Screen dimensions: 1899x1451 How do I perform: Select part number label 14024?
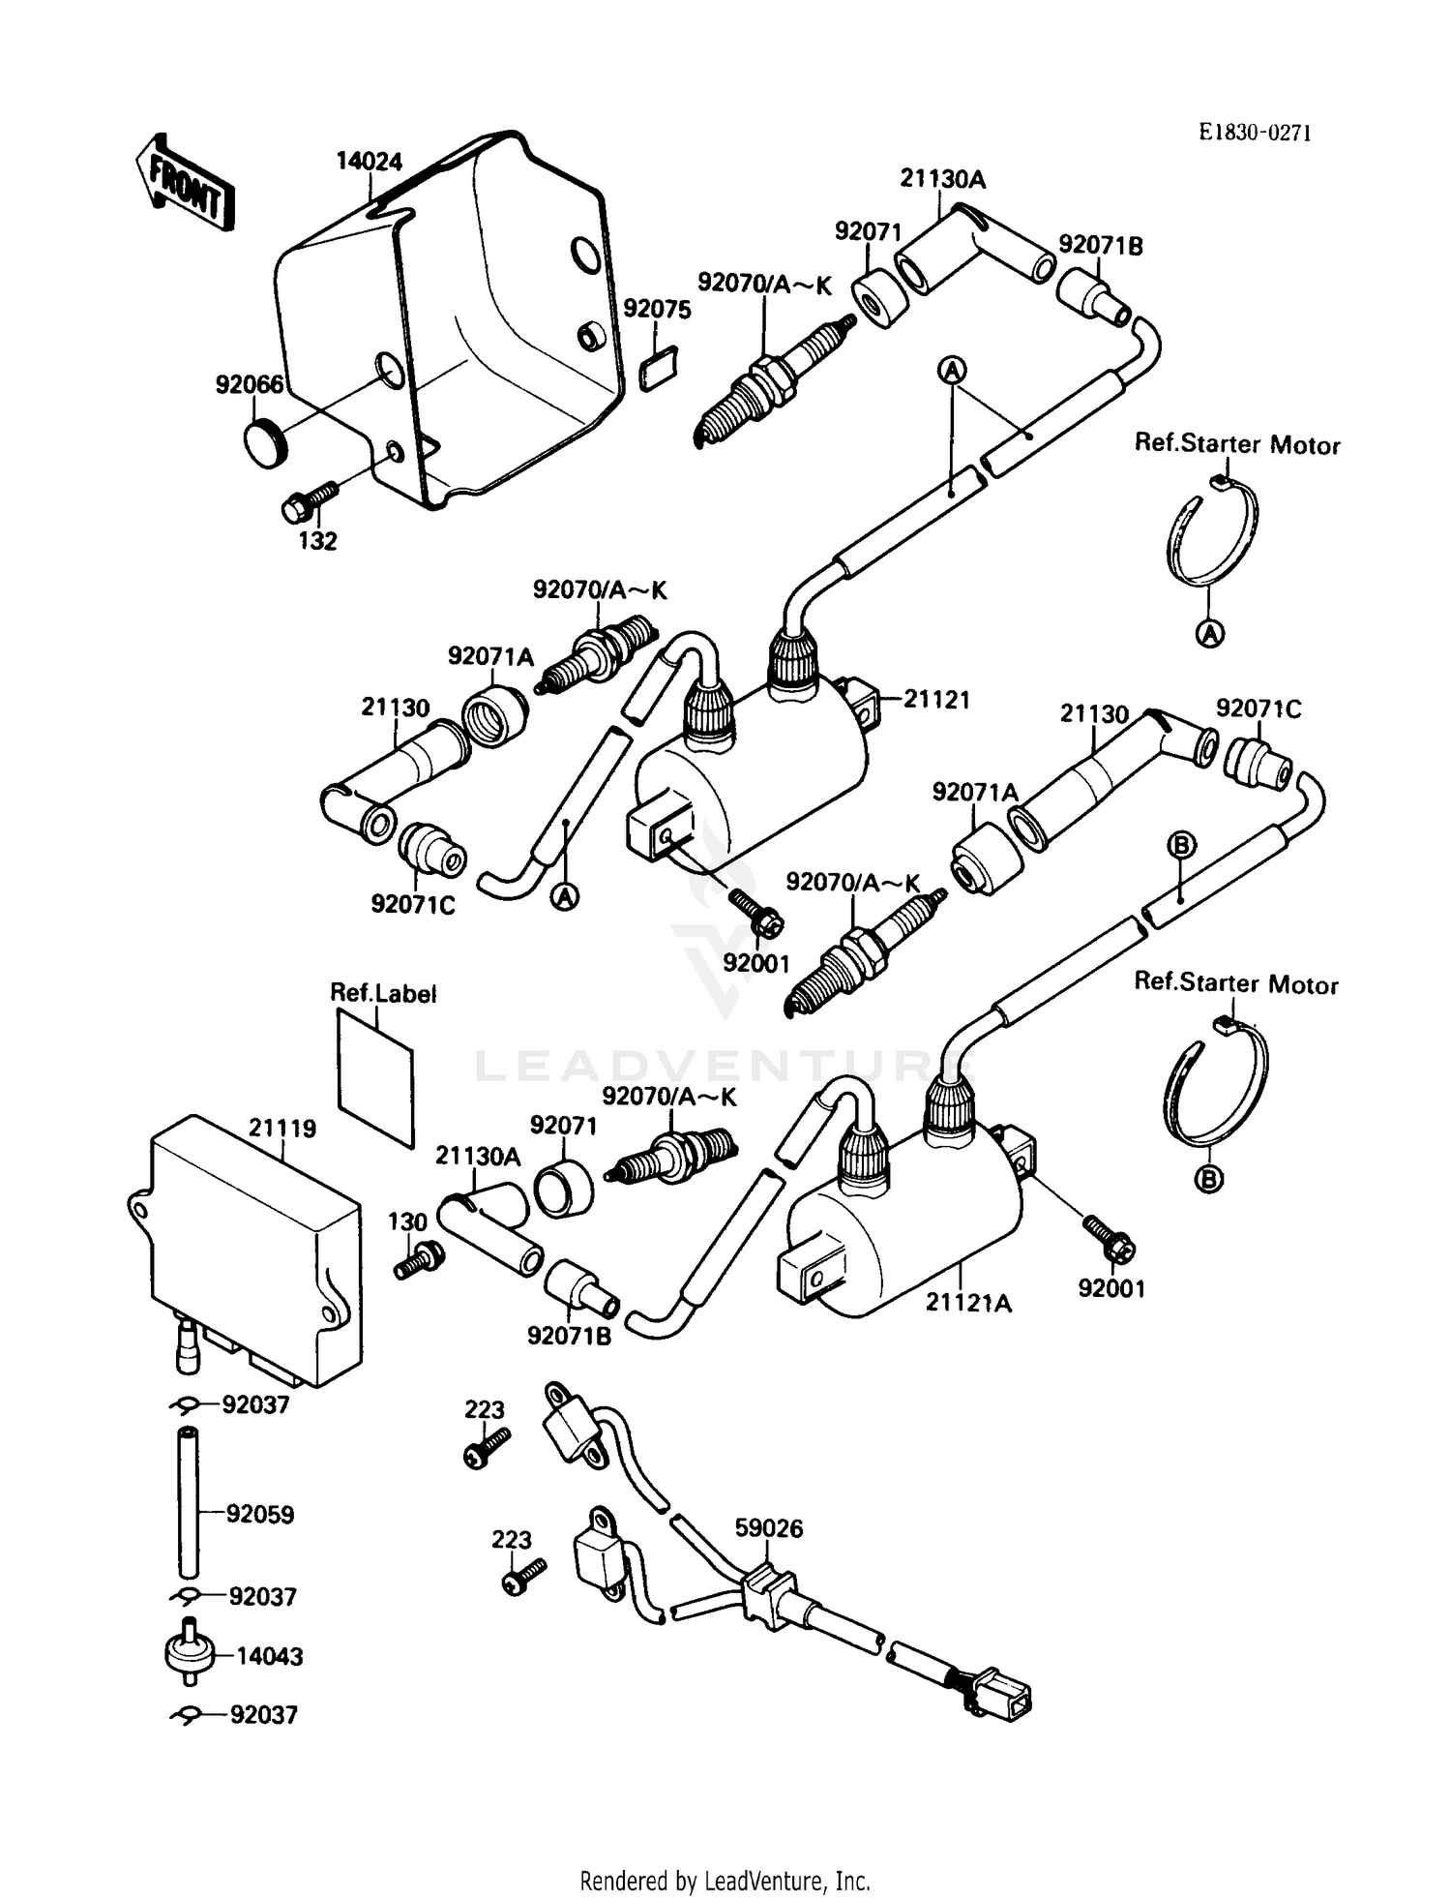click(369, 161)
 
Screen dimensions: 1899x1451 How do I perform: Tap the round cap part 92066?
click(263, 445)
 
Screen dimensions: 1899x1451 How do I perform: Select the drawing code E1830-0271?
click(1255, 134)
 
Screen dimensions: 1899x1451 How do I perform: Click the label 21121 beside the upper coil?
click(935, 700)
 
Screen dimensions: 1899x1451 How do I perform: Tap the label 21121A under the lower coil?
click(968, 1303)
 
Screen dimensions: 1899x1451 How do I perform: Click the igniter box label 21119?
click(282, 1128)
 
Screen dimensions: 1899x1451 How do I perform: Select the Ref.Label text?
click(383, 993)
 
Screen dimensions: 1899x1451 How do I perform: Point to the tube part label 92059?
click(260, 1514)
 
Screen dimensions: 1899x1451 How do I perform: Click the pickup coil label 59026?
click(769, 1528)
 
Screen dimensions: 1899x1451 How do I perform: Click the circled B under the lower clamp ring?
click(1209, 1178)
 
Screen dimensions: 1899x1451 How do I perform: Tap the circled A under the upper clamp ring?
click(1209, 634)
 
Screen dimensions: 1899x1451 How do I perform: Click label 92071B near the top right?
click(1100, 246)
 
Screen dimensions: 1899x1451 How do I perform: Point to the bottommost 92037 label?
click(263, 1742)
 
